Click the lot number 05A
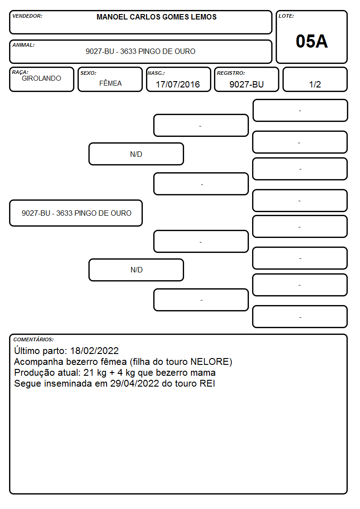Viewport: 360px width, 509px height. pyautogui.click(x=311, y=42)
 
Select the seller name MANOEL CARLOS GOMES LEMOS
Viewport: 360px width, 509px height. pyautogui.click(x=156, y=17)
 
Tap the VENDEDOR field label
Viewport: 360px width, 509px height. pyautogui.click(x=27, y=16)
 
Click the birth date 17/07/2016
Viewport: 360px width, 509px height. pyautogui.click(x=178, y=84)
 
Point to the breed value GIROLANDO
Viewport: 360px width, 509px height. pyautogui.click(x=41, y=78)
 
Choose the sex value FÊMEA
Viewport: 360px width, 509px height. pyautogui.click(x=110, y=83)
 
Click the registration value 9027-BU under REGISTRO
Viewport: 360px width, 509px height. pyautogui.click(x=246, y=84)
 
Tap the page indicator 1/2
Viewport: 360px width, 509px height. pyautogui.click(x=315, y=84)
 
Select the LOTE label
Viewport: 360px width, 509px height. pyautogui.click(x=286, y=16)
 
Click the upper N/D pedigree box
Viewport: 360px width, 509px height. pyautogui.click(x=136, y=154)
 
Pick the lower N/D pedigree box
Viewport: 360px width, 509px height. pyautogui.click(x=136, y=270)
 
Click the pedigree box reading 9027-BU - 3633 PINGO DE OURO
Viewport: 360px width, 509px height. pyautogui.click(x=76, y=213)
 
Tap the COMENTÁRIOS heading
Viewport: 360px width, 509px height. pyautogui.click(x=34, y=339)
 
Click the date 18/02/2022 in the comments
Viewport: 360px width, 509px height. pyautogui.click(x=94, y=350)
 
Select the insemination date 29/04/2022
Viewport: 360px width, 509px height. pyautogui.click(x=134, y=383)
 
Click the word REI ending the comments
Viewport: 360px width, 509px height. pyautogui.click(x=207, y=383)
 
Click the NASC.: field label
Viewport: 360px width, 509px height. pyautogui.click(x=156, y=73)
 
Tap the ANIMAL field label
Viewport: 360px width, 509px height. pyautogui.click(x=24, y=45)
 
